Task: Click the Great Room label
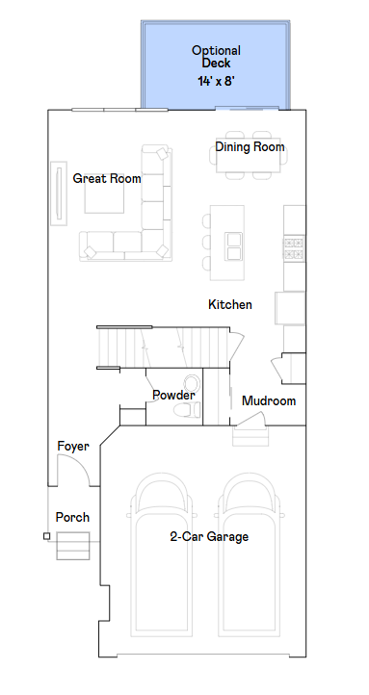pos(107,179)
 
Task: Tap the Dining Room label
pos(250,146)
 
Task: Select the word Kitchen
pos(230,304)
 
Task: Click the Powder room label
pos(173,395)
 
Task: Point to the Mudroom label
pos(269,400)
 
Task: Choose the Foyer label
pos(73,447)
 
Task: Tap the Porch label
pos(72,517)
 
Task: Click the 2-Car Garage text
pos(209,537)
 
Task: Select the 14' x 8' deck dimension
pos(216,81)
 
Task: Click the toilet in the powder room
pos(187,409)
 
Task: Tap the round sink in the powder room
pos(192,382)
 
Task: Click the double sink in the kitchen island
pos(233,246)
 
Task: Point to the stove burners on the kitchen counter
pos(294,248)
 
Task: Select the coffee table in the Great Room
pos(104,196)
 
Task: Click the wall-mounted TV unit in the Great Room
pos(59,193)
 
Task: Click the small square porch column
pos(46,536)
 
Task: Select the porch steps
pos(73,546)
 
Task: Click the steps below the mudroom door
pos(250,436)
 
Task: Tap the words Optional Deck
pos(216,57)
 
